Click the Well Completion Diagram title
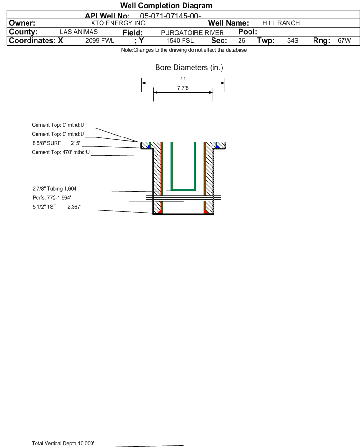coord(166,5)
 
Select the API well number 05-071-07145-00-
coord(170,16)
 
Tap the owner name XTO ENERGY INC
coord(118,23)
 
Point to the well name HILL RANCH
coord(281,23)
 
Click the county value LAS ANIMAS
coord(79,32)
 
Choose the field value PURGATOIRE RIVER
coord(192,33)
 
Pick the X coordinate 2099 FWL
coord(100,40)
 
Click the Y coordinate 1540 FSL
coord(180,40)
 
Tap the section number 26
coord(241,40)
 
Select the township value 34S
coord(293,40)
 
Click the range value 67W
coord(344,40)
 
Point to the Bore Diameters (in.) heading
coord(189,68)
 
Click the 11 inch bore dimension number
coord(183,78)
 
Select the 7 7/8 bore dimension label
coord(183,88)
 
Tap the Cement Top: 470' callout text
coord(61,152)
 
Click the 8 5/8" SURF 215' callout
coord(56,143)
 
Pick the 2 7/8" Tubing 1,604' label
coord(55,189)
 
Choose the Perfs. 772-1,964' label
coord(52,198)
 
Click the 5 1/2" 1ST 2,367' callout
coord(57,207)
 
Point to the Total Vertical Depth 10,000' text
coord(63,443)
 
